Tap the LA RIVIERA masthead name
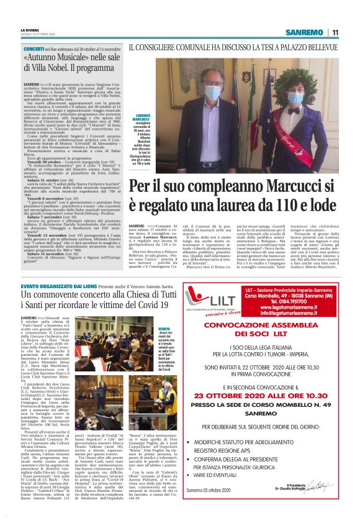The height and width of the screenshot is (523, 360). click(31, 29)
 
